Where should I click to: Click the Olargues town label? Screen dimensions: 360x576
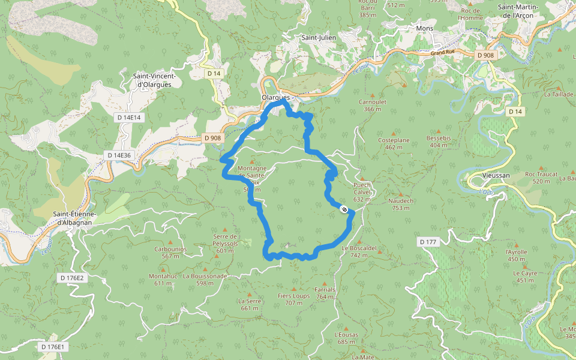[276, 97]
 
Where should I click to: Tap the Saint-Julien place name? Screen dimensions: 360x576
[319, 37]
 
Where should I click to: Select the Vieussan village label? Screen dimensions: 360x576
[496, 175]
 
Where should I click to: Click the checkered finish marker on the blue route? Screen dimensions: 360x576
[344, 209]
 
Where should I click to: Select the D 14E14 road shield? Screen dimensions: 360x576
[128, 118]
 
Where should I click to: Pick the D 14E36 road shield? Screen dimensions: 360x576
[119, 155]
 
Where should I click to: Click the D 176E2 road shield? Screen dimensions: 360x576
[72, 278]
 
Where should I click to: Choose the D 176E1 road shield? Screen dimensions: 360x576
[52, 347]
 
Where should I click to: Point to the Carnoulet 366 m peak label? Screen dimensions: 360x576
[372, 105]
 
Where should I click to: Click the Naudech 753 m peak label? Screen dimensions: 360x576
[401, 204]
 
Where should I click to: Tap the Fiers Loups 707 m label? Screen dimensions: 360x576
[294, 299]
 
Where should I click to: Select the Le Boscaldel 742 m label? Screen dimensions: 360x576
[359, 251]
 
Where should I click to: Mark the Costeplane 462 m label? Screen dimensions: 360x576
[394, 143]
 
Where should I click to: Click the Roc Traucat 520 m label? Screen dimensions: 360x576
[537, 177]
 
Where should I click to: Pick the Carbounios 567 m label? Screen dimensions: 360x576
[170, 252]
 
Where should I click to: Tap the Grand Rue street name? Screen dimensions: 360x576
[443, 53]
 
